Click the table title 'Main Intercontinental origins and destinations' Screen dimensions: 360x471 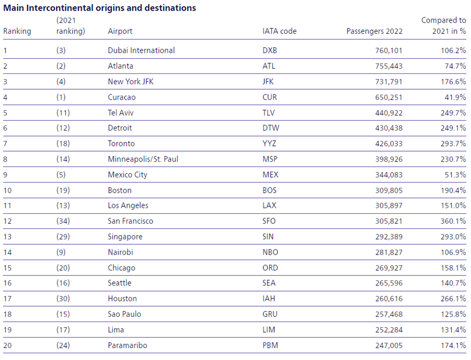pyautogui.click(x=99, y=8)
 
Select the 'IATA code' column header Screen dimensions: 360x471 pyautogui.click(x=279, y=31)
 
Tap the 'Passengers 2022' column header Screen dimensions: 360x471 pyautogui.click(x=374, y=31)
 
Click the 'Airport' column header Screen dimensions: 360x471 pyautogui.click(x=120, y=31)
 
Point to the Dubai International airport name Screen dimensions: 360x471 pyautogui.click(x=141, y=50)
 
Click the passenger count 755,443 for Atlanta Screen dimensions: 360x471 pyautogui.click(x=389, y=66)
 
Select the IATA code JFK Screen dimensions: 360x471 pyautogui.click(x=268, y=82)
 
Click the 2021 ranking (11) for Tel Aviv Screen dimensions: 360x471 pyautogui.click(x=63, y=113)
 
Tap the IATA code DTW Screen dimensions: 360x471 pyautogui.click(x=271, y=128)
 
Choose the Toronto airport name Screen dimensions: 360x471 pyautogui.click(x=121, y=144)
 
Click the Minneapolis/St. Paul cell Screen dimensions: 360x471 pyautogui.click(x=143, y=159)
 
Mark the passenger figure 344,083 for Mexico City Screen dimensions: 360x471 pyautogui.click(x=389, y=175)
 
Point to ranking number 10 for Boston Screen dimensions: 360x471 pyautogui.click(x=7, y=190)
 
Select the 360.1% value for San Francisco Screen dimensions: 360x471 pyautogui.click(x=453, y=221)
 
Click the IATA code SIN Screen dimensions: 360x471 pyautogui.click(x=268, y=237)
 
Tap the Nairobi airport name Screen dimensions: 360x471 pyautogui.click(x=120, y=252)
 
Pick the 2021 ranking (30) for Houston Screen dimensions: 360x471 pyautogui.click(x=63, y=299)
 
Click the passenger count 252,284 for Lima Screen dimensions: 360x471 pyautogui.click(x=389, y=330)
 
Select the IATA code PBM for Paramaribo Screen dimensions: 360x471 pyautogui.click(x=270, y=345)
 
